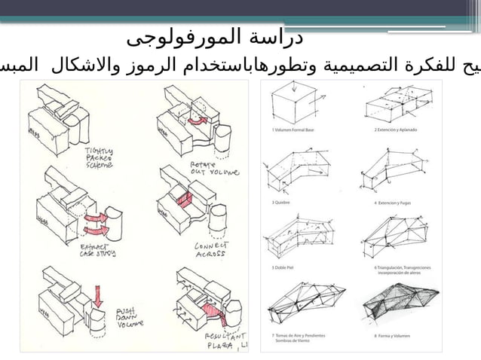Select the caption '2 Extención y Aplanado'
396,130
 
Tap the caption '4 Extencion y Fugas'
393,202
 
